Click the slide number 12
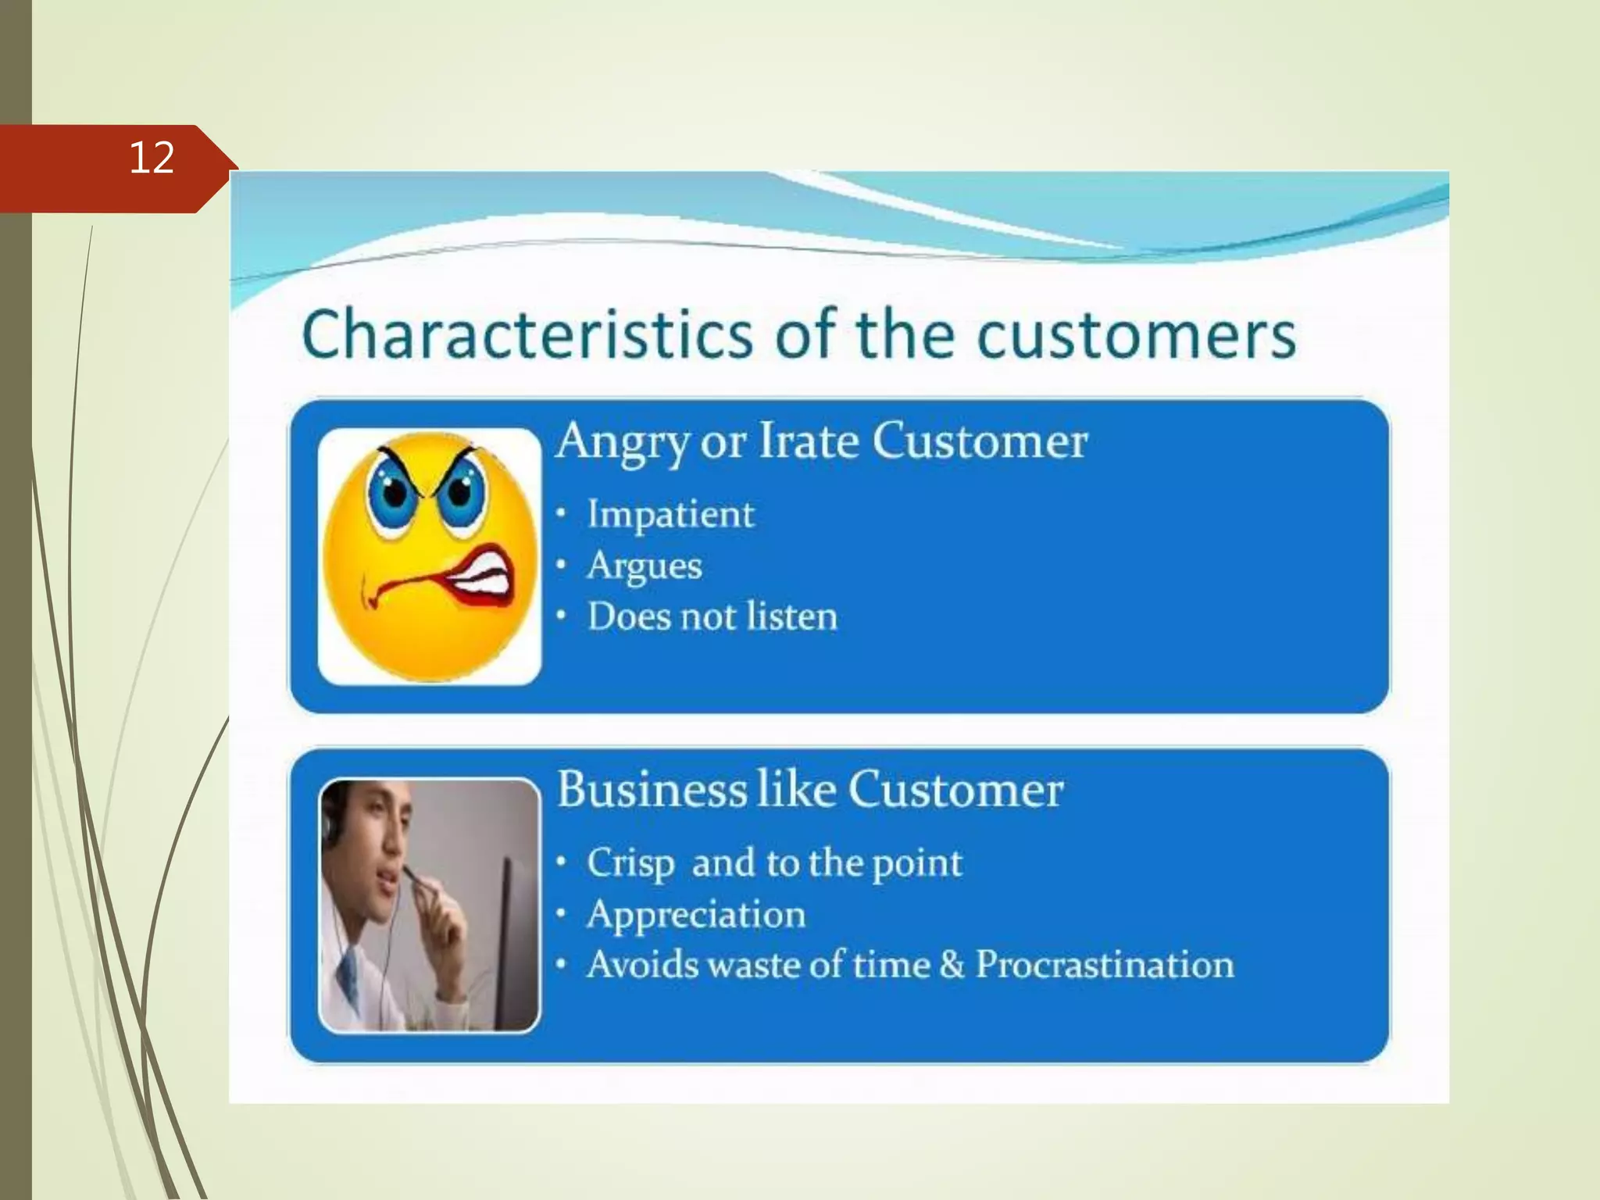point(152,159)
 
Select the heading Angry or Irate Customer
point(821,441)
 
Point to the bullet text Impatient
point(670,514)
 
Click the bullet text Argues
point(645,566)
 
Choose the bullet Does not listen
point(712,616)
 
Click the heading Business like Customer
point(809,789)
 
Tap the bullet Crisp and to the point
point(773,862)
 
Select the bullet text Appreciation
point(695,914)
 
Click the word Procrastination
point(1105,965)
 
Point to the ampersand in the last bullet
point(952,965)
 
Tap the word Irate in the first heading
point(808,441)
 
